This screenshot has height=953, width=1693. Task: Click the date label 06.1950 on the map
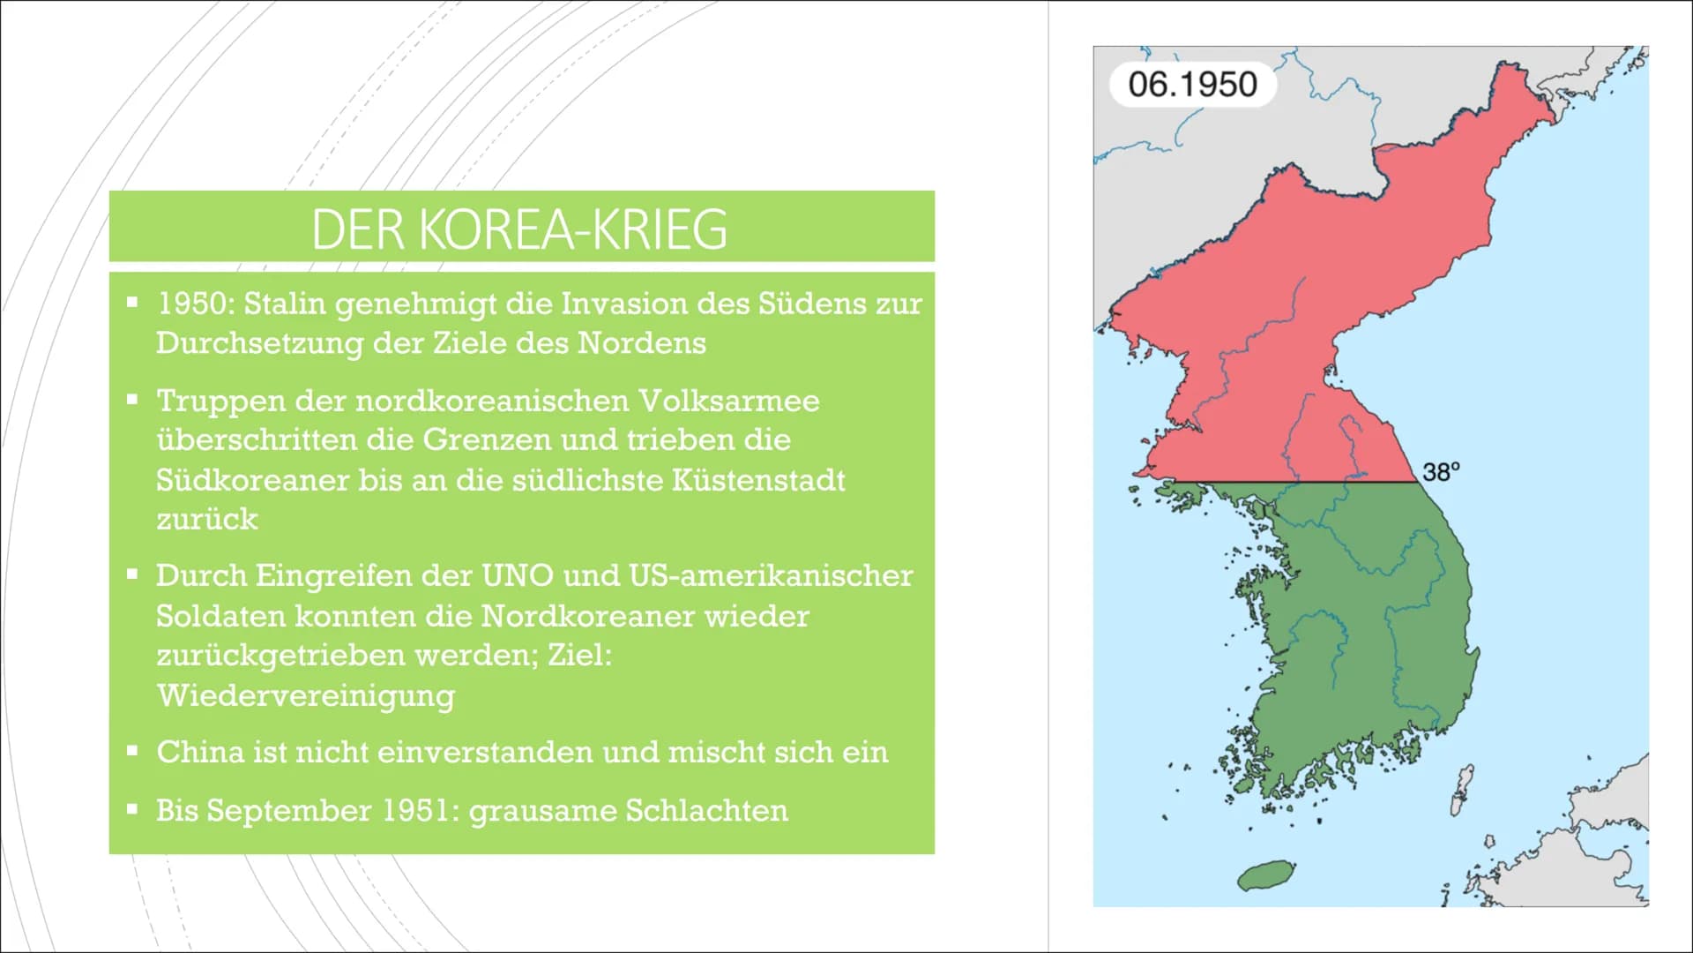[1192, 85]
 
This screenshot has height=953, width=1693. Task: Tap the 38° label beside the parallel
[1441, 472]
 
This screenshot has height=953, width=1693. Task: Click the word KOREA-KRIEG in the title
[572, 229]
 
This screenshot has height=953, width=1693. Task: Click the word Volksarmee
[729, 401]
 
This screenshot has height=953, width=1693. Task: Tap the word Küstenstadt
[757, 480]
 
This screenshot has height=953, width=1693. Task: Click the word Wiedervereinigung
[306, 696]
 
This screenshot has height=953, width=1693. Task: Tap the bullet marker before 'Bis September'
[132, 808]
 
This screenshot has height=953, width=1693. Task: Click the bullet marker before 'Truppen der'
[132, 400]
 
